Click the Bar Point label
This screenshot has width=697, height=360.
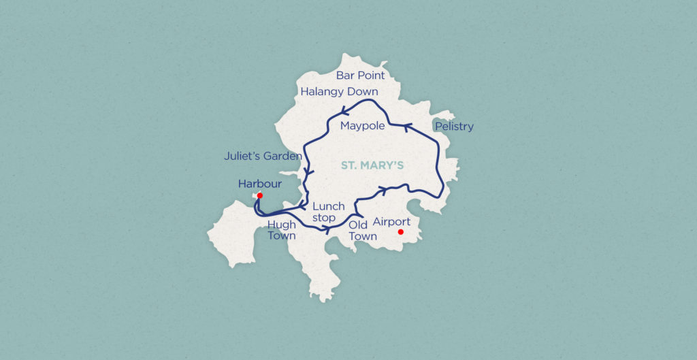[x=360, y=76]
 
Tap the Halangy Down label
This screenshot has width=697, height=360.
[x=339, y=92]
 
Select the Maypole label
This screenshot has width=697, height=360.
[x=363, y=127]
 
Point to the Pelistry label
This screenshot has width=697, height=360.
[x=453, y=127]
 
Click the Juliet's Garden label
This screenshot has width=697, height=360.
[x=263, y=157]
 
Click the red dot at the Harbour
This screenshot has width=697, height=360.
[x=260, y=195]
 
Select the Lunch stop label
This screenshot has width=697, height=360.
[x=328, y=212]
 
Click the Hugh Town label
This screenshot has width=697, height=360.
[x=282, y=229]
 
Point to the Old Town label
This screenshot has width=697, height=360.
[x=362, y=230]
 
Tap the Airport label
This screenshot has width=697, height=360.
[x=391, y=222]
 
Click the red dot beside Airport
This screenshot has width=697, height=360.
[x=401, y=232]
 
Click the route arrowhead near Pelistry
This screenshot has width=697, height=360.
[x=409, y=127]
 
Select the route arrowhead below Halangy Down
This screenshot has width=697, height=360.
[x=345, y=112]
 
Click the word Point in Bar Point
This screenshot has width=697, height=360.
[x=370, y=76]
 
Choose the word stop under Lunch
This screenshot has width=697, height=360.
[x=324, y=218]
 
